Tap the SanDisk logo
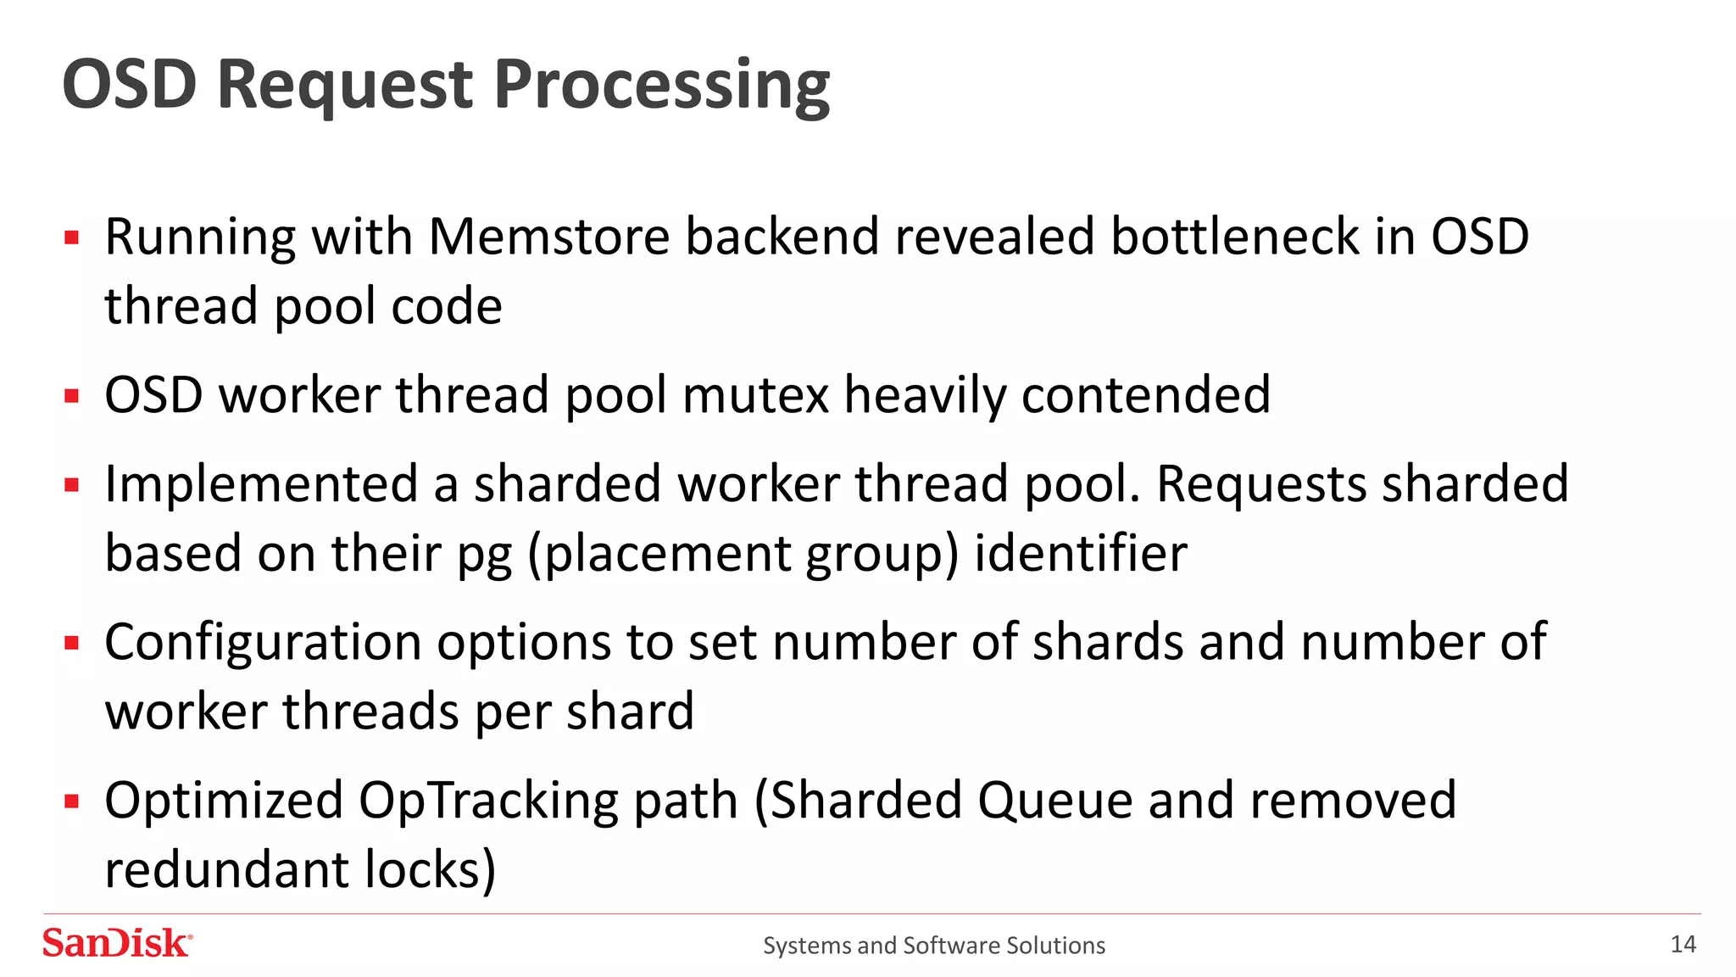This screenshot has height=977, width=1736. (117, 943)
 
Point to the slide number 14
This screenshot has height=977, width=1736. (1683, 944)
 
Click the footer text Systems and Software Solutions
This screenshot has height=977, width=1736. (933, 945)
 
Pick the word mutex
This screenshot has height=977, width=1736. (754, 395)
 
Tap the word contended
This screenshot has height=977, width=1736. (1145, 395)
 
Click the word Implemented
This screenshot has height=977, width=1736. (261, 485)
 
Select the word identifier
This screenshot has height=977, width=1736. (1080, 554)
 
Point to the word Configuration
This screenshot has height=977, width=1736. (263, 643)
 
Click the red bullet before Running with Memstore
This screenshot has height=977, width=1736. (72, 237)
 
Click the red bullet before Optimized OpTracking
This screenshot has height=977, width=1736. (72, 801)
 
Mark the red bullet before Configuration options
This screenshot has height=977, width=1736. (72, 643)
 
